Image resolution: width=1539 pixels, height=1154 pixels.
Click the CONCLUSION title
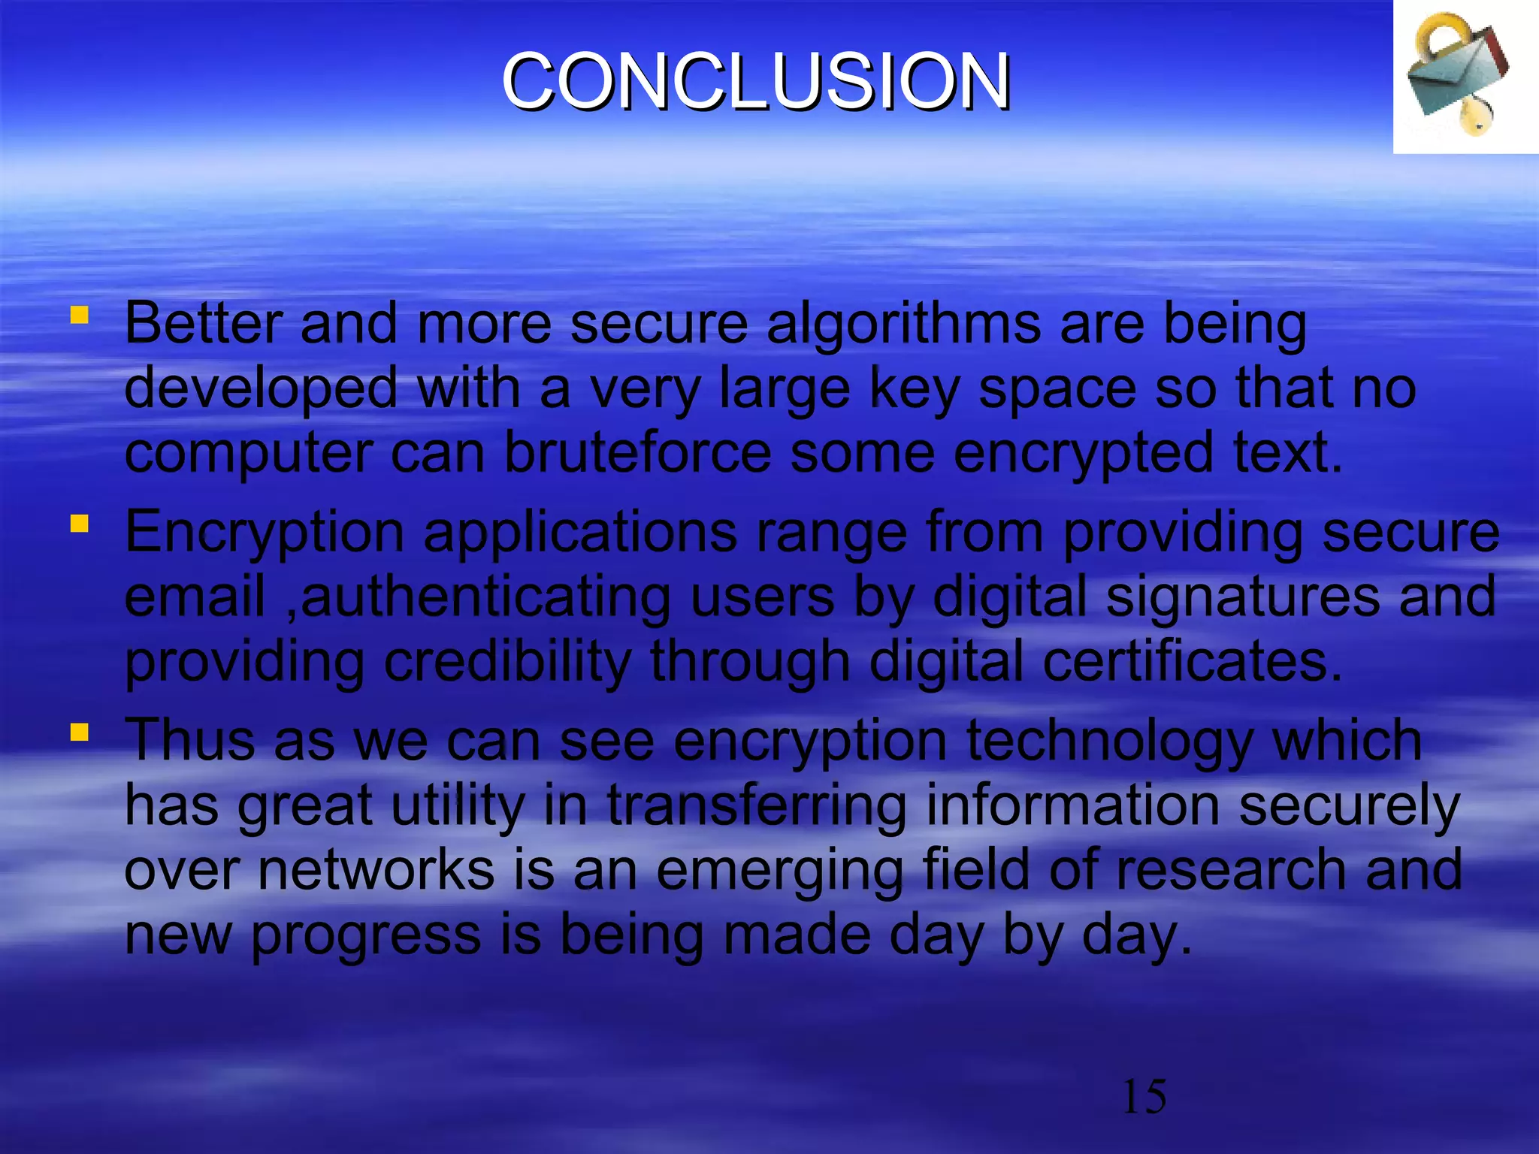point(756,81)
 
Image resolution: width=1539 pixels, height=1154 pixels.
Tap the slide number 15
point(1144,1097)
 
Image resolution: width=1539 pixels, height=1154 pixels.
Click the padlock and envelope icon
point(1458,75)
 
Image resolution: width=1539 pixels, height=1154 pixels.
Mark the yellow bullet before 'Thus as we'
point(79,731)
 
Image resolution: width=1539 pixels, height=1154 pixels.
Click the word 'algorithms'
point(903,325)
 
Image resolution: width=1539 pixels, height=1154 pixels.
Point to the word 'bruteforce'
point(637,453)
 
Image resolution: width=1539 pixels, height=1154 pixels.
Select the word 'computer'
point(248,455)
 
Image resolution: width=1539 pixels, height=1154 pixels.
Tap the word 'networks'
point(376,870)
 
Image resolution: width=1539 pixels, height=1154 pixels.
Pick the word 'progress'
point(366,938)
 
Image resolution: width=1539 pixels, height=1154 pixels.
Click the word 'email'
point(195,597)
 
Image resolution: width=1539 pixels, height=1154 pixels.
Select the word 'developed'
point(261,390)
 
